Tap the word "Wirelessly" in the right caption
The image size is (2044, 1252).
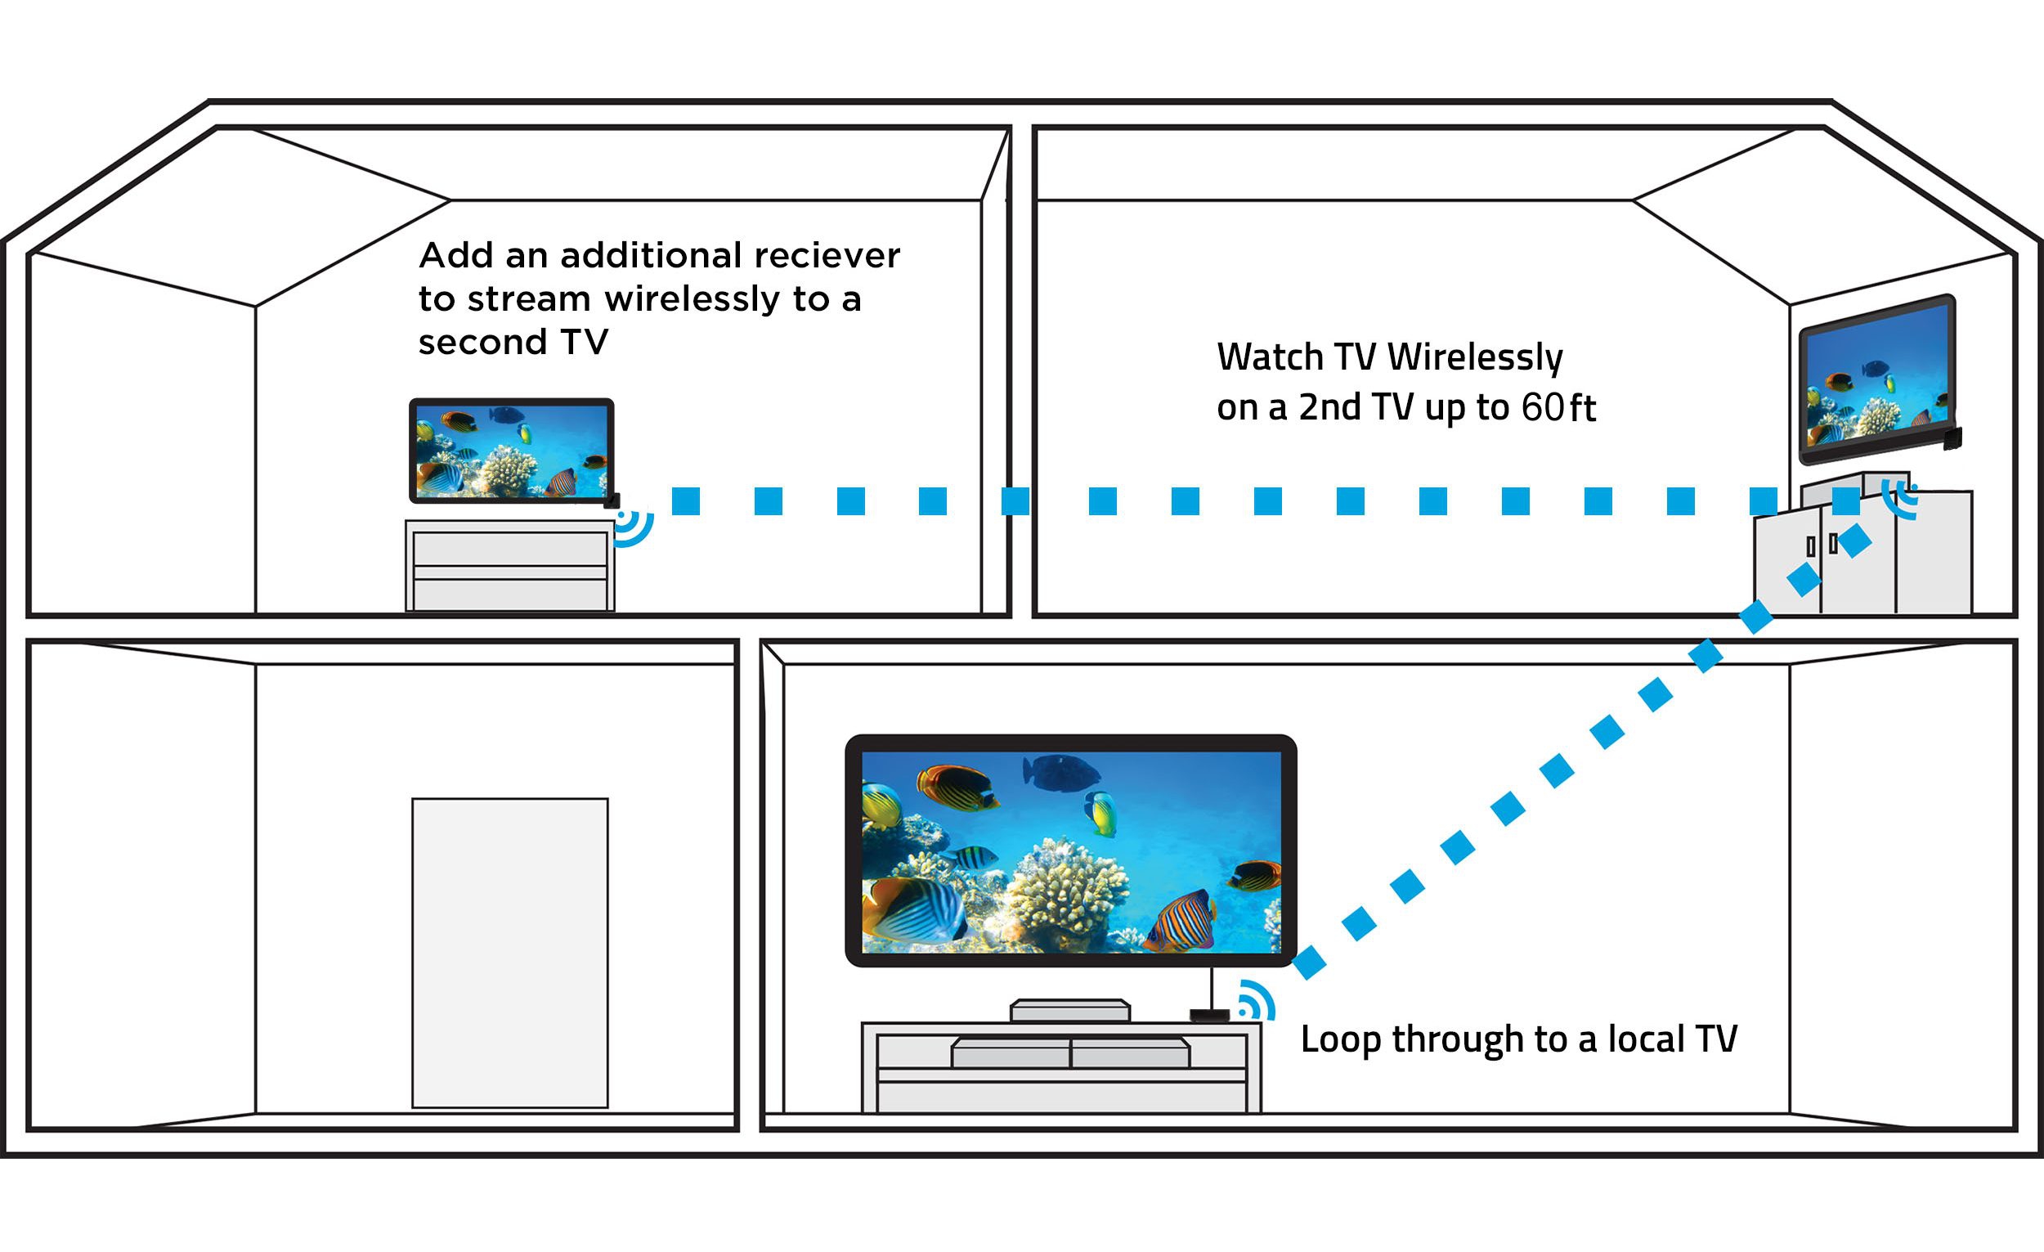pyautogui.click(x=1475, y=358)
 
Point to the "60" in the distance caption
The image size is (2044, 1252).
pyautogui.click(x=1542, y=407)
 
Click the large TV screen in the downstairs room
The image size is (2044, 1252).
pyautogui.click(x=1070, y=851)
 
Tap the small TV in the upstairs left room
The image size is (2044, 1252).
pyautogui.click(x=511, y=451)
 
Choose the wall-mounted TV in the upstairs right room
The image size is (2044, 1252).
pyautogui.click(x=1876, y=379)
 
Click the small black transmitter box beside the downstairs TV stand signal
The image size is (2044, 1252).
pyautogui.click(x=1209, y=1016)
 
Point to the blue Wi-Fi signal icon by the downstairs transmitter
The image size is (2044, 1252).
pyautogui.click(x=1256, y=1002)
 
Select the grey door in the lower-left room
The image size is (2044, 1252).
pyautogui.click(x=510, y=953)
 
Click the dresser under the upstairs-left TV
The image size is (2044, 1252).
pyautogui.click(x=509, y=567)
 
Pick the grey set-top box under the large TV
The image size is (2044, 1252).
pyautogui.click(x=1070, y=1011)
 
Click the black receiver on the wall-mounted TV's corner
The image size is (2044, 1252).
pyautogui.click(x=1952, y=438)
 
